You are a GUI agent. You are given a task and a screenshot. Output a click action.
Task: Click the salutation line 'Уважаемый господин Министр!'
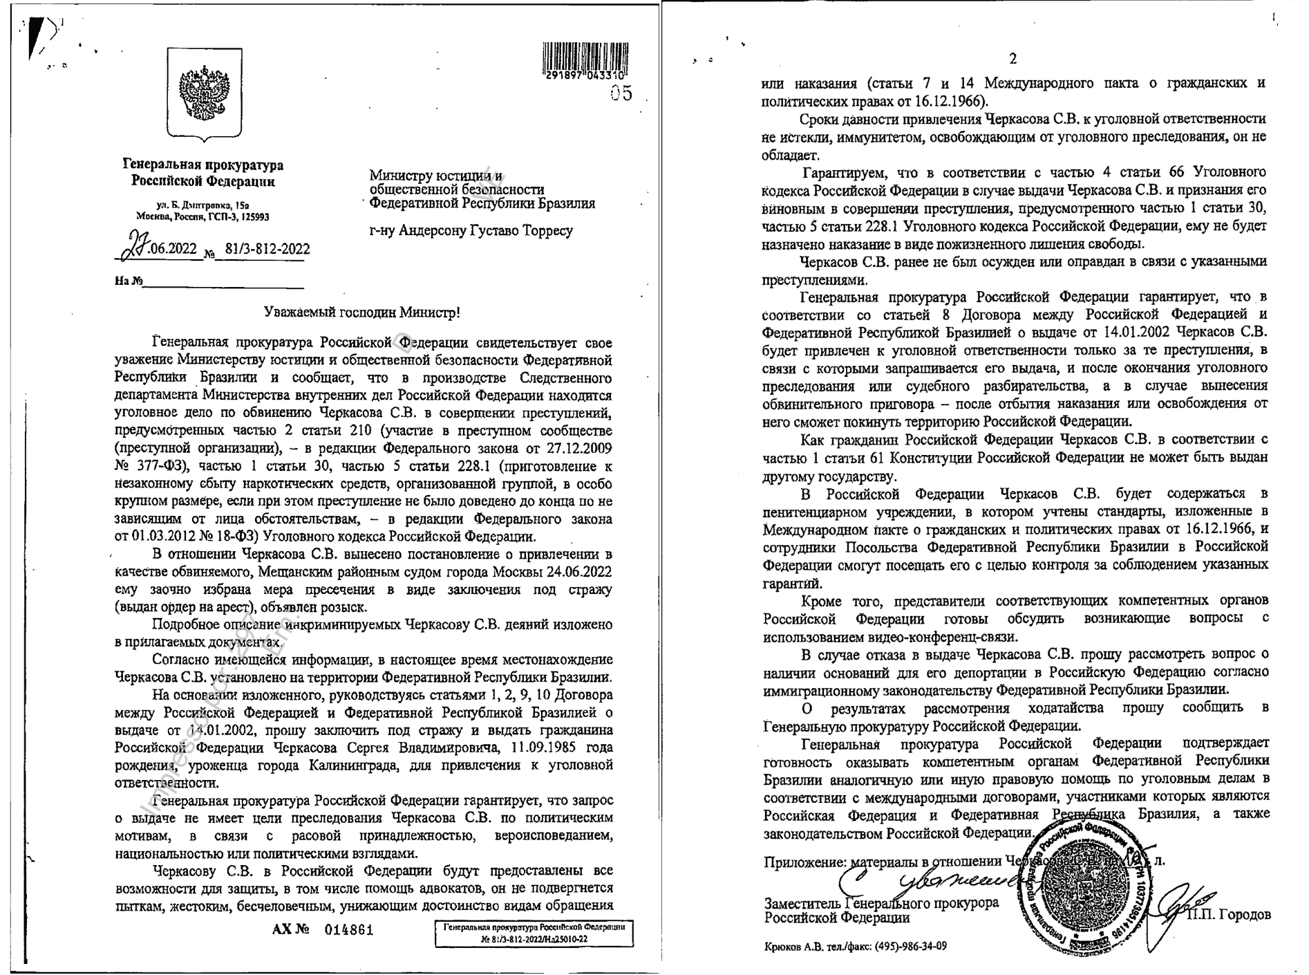pos(362,313)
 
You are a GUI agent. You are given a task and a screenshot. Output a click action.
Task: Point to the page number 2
pos(1013,59)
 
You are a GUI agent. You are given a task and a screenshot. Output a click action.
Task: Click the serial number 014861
pos(349,929)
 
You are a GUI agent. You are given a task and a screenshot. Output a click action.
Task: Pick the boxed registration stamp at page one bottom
pos(534,933)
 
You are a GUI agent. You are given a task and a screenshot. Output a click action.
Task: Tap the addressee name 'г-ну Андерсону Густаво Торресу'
pos(471,230)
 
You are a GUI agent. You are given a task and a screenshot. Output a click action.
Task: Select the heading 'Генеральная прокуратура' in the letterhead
pos(203,165)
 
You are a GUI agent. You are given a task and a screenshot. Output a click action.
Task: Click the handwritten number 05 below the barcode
pos(621,94)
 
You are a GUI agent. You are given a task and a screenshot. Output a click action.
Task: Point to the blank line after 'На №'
pos(223,282)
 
